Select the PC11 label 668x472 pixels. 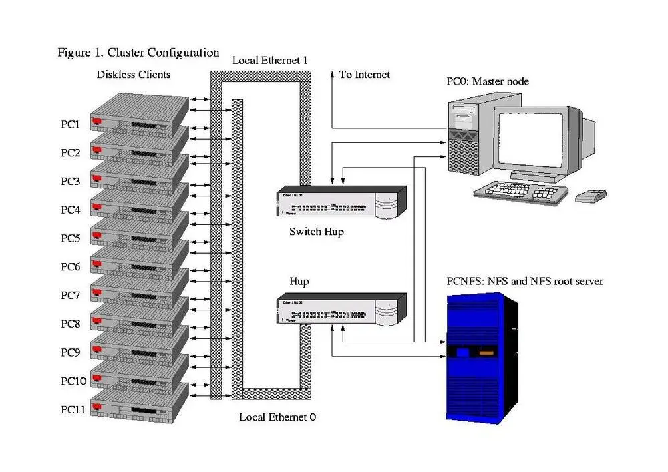[x=73, y=409]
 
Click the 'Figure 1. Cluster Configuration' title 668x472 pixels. [x=138, y=53]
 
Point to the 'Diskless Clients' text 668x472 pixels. [x=133, y=74]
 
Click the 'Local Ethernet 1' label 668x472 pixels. [x=270, y=61]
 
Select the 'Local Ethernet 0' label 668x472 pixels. [x=277, y=417]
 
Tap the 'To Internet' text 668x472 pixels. [x=364, y=75]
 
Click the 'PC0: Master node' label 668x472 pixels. [x=488, y=81]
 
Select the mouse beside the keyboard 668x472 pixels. [x=591, y=196]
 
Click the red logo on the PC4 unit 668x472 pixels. [x=97, y=206]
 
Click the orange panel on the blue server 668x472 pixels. [x=487, y=352]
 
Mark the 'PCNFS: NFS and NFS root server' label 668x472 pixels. [x=524, y=282]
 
